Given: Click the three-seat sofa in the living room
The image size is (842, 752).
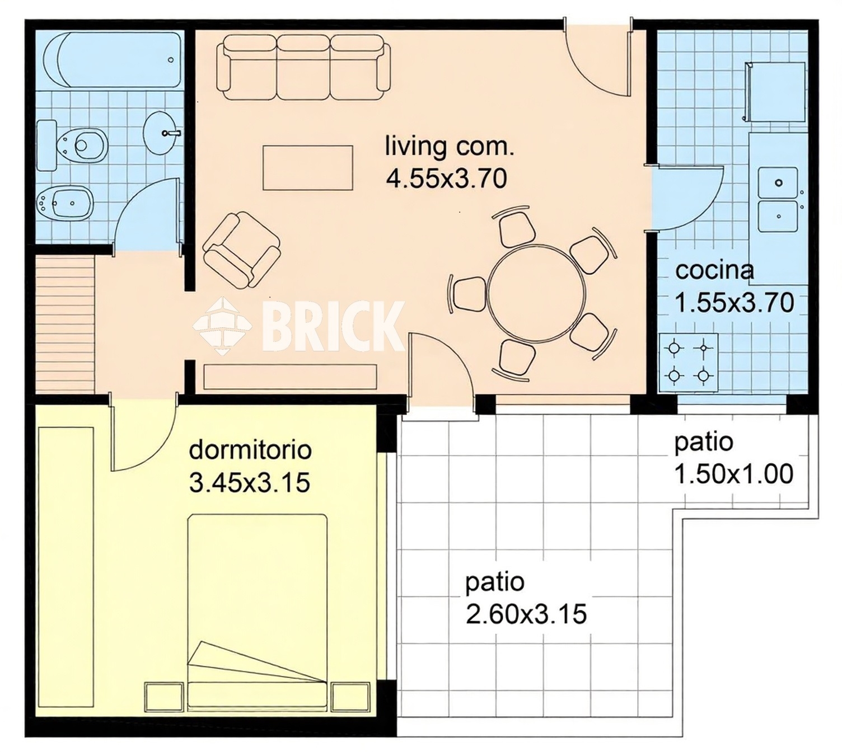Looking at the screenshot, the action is click(x=304, y=67).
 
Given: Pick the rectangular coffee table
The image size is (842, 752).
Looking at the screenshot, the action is click(x=308, y=167).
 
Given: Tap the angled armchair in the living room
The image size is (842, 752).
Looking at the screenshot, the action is click(x=241, y=250).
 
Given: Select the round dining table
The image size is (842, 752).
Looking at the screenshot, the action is click(x=536, y=293).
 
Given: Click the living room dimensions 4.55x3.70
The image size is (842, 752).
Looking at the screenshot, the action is click(x=447, y=179).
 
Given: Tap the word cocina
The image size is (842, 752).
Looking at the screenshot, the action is click(x=714, y=270).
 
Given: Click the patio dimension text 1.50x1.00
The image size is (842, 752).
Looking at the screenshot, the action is click(x=733, y=474).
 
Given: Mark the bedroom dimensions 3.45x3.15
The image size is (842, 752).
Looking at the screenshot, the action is click(x=250, y=483).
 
